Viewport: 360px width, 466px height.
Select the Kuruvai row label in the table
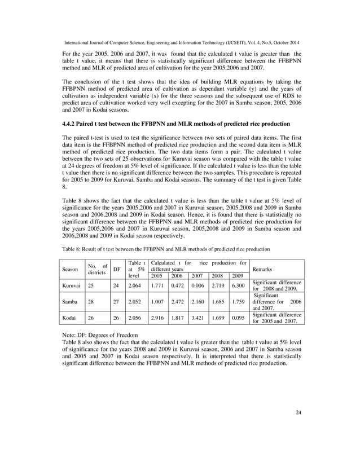pos(71,285)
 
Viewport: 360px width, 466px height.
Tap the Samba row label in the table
pos(69,301)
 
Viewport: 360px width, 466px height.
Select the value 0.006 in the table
pos(197,285)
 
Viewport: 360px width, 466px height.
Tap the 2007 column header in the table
pos(197,276)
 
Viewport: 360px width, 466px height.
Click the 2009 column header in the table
pos(238,276)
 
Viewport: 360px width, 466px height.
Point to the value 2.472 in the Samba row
pos(178,301)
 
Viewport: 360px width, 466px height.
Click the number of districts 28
pos(91,301)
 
